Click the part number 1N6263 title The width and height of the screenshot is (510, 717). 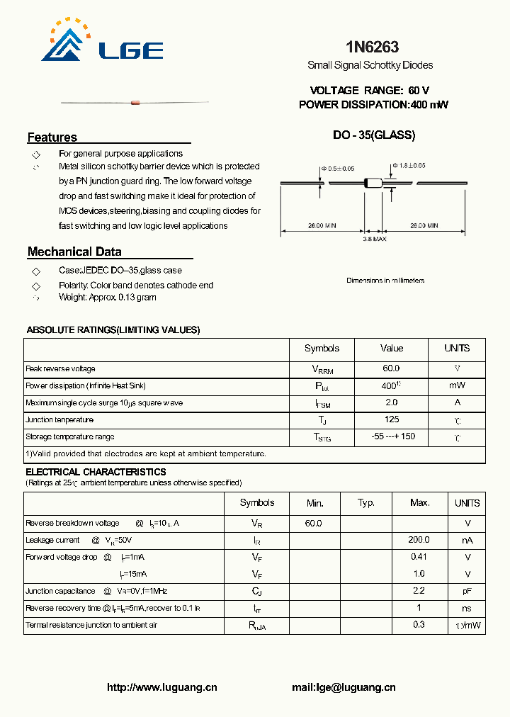pyautogui.click(x=372, y=47)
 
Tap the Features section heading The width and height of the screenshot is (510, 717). pyautogui.click(x=52, y=137)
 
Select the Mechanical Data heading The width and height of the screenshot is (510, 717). pyautogui.click(x=74, y=252)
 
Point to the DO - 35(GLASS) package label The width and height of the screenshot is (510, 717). pyautogui.click(x=374, y=135)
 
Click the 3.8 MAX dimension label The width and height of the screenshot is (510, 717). pyautogui.click(x=374, y=239)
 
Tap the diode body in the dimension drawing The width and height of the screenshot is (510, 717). pyautogui.click(x=373, y=183)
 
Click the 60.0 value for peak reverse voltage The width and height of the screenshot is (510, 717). pyautogui.click(x=391, y=368)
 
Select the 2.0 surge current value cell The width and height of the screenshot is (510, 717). pyautogui.click(x=391, y=402)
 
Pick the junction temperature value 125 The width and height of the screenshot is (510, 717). pyautogui.click(x=391, y=419)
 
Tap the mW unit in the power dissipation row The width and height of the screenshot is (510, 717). pyautogui.click(x=457, y=385)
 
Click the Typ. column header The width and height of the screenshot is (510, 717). pyautogui.click(x=366, y=503)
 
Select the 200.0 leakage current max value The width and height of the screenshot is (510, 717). pyautogui.click(x=419, y=540)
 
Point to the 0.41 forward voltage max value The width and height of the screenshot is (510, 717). pyautogui.click(x=419, y=557)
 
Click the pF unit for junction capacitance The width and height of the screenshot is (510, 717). pyautogui.click(x=467, y=591)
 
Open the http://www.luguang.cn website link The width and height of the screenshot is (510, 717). pyautogui.click(x=161, y=687)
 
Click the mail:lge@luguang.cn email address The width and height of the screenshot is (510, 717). pyautogui.click(x=344, y=687)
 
